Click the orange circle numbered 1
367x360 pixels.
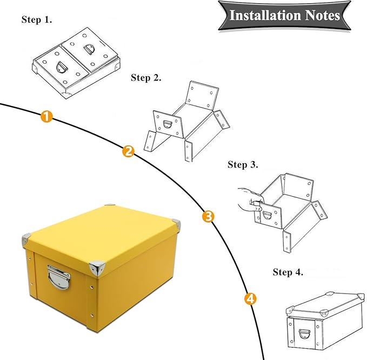(x=47, y=116)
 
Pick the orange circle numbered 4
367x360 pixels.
(x=250, y=298)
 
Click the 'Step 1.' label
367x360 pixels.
(x=37, y=20)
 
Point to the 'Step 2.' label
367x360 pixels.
(x=146, y=78)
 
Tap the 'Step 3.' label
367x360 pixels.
(x=243, y=164)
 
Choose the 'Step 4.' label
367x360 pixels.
(x=288, y=272)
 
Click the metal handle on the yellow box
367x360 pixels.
(x=58, y=276)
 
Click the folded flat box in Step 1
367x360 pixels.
(x=76, y=62)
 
